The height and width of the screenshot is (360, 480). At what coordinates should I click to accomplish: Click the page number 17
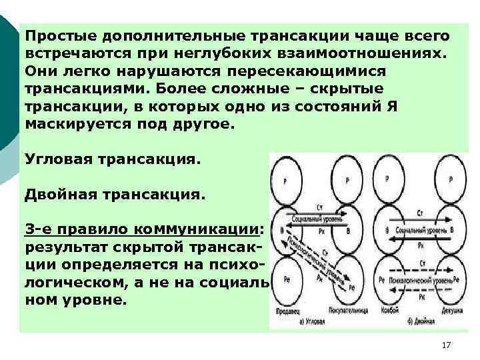[446, 345]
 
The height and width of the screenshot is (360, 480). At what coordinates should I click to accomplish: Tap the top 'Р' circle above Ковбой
[388, 179]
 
